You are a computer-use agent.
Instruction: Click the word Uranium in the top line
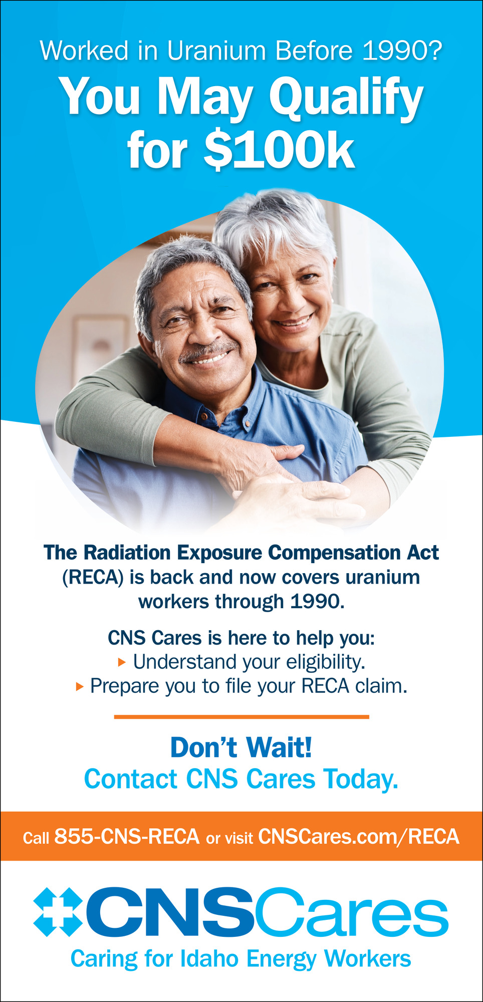(216, 51)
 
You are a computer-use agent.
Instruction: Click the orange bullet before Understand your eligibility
(121, 662)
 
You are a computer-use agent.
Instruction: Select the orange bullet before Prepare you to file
(79, 686)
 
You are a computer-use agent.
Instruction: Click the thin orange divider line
(241, 717)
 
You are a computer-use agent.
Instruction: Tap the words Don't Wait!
(241, 747)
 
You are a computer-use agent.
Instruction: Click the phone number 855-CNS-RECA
(127, 836)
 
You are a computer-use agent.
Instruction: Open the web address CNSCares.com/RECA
(359, 836)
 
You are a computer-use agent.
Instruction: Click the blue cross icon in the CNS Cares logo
(59, 912)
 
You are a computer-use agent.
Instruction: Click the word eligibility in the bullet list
(326, 662)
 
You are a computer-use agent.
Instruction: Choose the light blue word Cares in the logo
(352, 912)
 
